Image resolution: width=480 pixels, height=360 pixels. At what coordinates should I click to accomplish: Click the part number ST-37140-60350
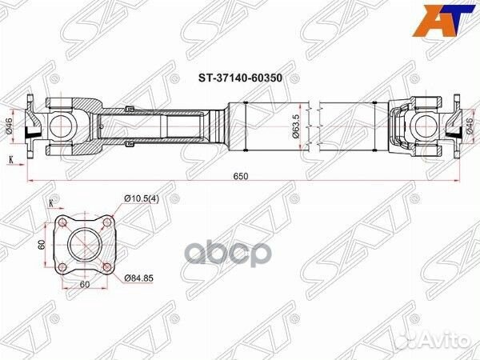point(240,79)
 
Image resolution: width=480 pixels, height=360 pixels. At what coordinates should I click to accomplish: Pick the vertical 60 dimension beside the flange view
point(42,246)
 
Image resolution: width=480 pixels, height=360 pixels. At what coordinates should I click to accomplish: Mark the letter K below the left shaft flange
point(11,158)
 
